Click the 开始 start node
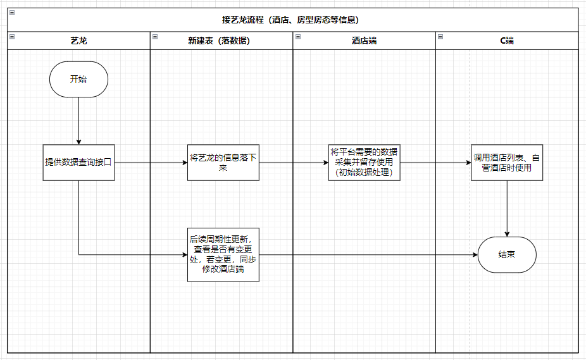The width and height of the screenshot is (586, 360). tap(78, 79)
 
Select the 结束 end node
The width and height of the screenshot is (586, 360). tap(507, 254)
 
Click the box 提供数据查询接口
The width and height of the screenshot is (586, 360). tap(78, 163)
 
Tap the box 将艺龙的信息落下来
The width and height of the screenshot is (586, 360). tap(223, 163)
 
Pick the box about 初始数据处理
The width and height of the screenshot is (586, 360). tap(364, 163)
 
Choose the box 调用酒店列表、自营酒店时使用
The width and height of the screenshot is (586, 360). tap(507, 163)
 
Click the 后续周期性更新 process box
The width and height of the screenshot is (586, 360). tap(223, 254)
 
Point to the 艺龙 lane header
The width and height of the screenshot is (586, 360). tap(78, 40)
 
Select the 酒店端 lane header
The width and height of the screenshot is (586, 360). tap(364, 40)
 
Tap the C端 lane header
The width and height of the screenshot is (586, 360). tap(507, 40)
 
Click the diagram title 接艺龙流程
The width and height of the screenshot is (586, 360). tap(290, 20)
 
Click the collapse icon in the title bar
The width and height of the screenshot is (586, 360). tap(12, 13)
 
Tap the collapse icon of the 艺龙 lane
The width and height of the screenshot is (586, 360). tap(12, 37)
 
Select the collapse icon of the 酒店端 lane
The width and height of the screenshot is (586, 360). tap(298, 37)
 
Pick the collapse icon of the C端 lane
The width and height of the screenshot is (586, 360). tap(440, 37)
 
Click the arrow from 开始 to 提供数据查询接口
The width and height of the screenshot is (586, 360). tap(78, 121)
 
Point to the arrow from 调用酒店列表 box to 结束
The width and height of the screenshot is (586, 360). tap(507, 209)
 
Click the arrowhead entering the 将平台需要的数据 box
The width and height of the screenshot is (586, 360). tap(327, 163)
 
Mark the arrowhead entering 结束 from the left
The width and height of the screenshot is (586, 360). tap(475, 254)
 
